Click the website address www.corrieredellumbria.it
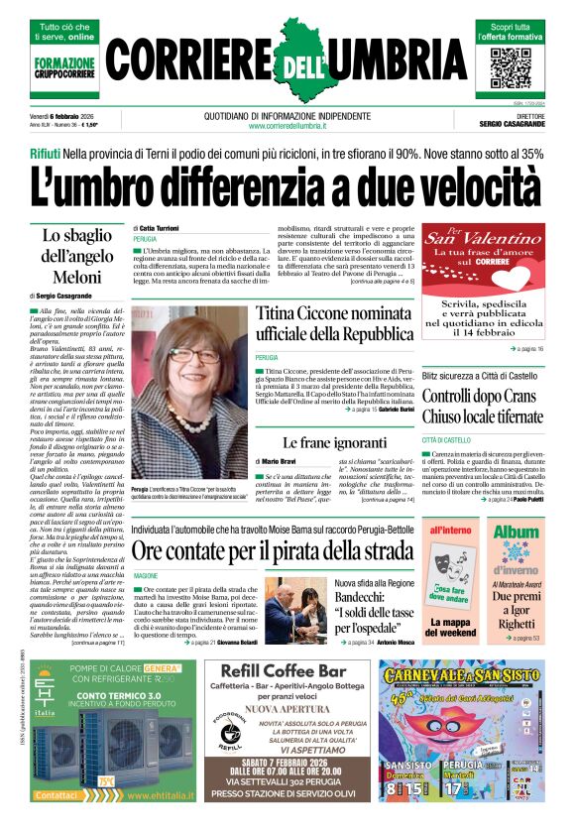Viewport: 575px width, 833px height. tap(287, 126)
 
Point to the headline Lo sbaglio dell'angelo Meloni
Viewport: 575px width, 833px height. tap(78, 256)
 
